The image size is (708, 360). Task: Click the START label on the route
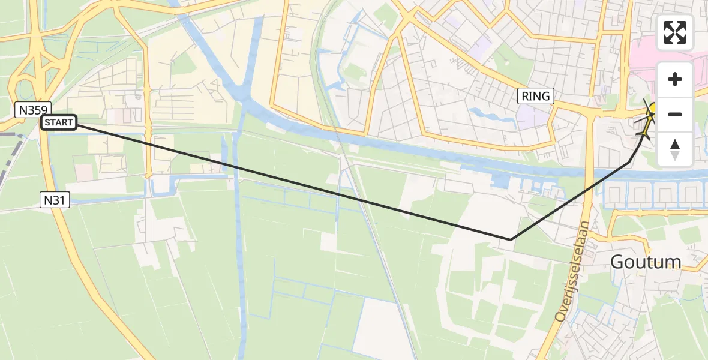[x=59, y=123]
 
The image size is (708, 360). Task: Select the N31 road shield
[x=55, y=200]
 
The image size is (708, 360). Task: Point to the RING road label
[x=535, y=95]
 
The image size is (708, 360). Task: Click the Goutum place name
[x=646, y=262]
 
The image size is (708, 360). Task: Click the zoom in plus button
[x=675, y=79]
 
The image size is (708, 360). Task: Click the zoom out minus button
[x=675, y=114]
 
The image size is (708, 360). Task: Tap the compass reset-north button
[x=675, y=149]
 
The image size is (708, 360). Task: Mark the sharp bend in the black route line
[x=511, y=239]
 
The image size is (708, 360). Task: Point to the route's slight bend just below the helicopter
[x=629, y=162]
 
